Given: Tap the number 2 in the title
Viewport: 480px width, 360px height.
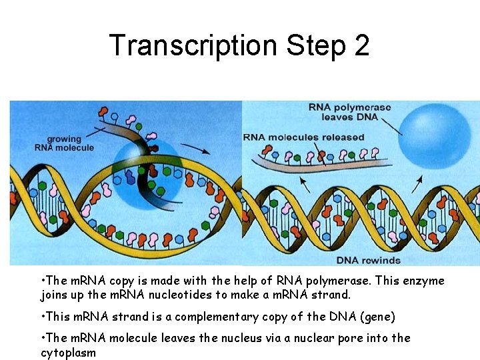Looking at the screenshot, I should tap(361, 45).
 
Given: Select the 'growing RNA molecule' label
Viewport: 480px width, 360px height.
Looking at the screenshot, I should tap(64, 143).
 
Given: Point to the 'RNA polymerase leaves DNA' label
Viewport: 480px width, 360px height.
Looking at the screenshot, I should tap(349, 112).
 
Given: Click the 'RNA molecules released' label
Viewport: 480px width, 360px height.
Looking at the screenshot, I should tap(303, 137).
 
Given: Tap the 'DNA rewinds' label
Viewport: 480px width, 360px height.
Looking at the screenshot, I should tap(368, 259).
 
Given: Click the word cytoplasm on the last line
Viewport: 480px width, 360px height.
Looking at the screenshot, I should tap(68, 352).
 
